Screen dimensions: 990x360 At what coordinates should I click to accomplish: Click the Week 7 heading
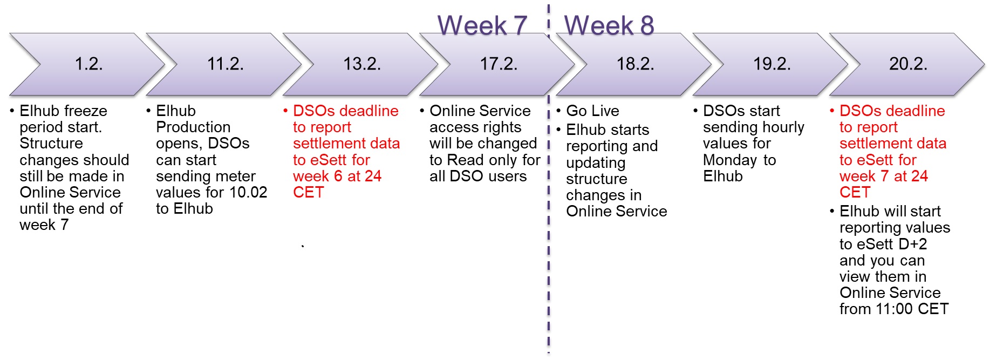[x=482, y=25]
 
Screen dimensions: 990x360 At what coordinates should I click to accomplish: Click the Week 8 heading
[x=609, y=25]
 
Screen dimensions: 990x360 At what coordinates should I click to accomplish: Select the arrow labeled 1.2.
[x=87, y=64]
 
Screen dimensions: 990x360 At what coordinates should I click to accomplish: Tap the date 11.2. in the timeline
[x=226, y=64]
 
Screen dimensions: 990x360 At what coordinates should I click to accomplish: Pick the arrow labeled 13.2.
[x=360, y=64]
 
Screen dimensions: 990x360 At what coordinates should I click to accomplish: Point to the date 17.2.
[x=499, y=64]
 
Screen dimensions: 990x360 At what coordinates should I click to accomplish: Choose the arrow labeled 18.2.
[x=634, y=64]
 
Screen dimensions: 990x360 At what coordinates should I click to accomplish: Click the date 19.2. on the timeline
[x=772, y=64]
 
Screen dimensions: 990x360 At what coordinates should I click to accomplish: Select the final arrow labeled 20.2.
[x=907, y=64]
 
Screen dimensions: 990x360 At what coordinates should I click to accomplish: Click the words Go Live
[x=592, y=111]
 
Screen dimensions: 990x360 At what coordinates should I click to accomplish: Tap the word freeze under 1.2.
[x=84, y=111]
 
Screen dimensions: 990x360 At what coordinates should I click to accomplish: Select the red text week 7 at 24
[x=884, y=176]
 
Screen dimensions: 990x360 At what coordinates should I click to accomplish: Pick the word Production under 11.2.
[x=193, y=127]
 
